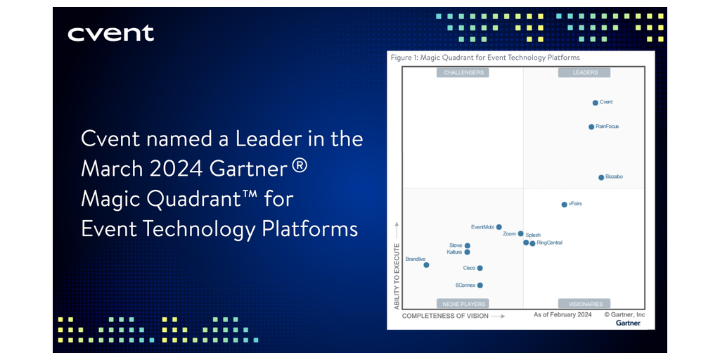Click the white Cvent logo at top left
point(110,34)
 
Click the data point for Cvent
point(595,103)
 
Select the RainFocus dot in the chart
point(591,127)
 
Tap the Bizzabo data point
point(601,177)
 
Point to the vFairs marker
point(565,205)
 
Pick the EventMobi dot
point(499,227)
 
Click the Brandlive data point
point(426,265)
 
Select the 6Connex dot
point(480,285)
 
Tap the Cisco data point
point(480,268)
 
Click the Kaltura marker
point(468,252)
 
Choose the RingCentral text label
point(549,243)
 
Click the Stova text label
point(456,245)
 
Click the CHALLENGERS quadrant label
point(463,72)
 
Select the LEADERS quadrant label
point(584,72)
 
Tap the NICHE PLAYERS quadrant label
point(463,304)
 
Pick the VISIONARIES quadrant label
point(584,304)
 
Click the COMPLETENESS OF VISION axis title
point(445,316)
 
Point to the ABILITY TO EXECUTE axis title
point(397,275)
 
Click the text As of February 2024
point(562,315)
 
